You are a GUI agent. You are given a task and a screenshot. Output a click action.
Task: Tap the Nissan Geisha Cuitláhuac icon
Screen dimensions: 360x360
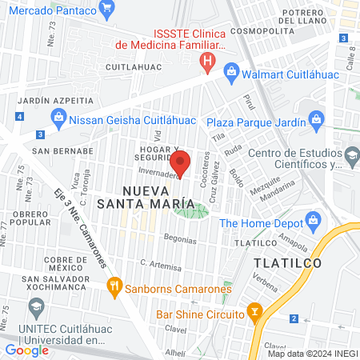coord(58,118)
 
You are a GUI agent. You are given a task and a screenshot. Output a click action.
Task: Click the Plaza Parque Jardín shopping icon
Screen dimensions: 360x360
coord(319,122)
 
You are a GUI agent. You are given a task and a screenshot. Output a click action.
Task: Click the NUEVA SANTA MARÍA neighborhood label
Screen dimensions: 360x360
coord(156,197)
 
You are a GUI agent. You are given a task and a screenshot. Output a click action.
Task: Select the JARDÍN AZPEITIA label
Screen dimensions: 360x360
coord(54,100)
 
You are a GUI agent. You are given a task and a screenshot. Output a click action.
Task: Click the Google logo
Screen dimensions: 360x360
coord(26,350)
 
